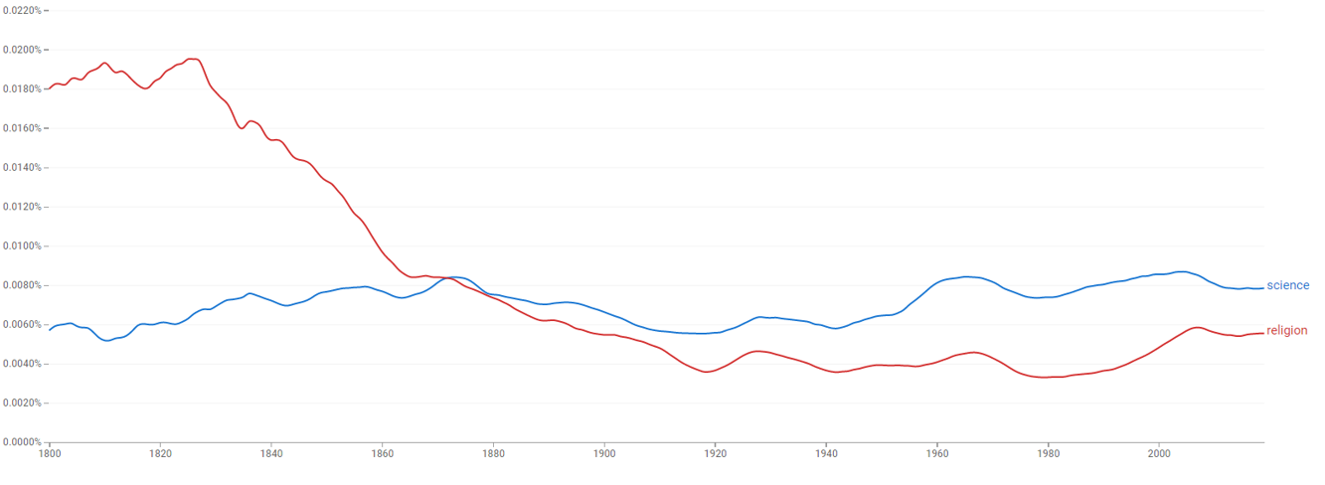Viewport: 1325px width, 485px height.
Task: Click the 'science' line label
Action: [1287, 286]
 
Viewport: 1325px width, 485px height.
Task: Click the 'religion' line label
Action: [1286, 331]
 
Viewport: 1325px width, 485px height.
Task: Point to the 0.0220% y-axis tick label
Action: [21, 10]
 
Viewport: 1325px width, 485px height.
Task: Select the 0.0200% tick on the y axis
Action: [21, 50]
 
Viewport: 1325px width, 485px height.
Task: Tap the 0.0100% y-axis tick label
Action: [21, 246]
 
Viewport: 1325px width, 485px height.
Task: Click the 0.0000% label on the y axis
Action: [21, 442]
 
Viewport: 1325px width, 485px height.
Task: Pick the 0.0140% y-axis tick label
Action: [21, 168]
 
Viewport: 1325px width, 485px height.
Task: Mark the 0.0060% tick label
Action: [21, 325]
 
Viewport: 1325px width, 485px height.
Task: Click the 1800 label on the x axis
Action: [50, 454]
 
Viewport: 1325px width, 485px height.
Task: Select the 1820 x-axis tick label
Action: [160, 454]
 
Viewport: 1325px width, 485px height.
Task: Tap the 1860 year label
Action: [382, 454]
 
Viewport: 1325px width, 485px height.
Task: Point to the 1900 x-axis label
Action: [604, 454]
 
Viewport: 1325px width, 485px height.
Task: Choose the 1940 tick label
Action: [826, 454]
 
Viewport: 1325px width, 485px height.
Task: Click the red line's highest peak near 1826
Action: [194, 59]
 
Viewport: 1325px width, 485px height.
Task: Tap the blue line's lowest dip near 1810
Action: [107, 341]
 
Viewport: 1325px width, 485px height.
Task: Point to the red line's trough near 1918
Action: [705, 372]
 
